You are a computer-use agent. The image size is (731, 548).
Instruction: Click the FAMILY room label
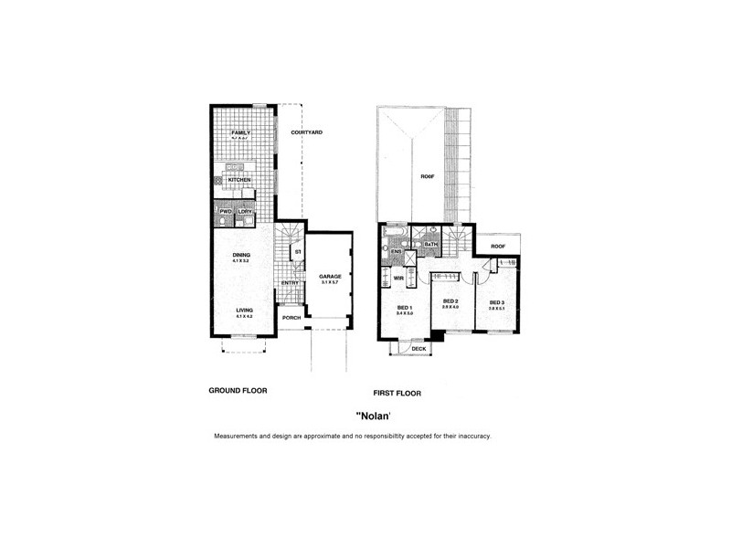click(240, 132)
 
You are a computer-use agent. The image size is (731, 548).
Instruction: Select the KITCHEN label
click(239, 180)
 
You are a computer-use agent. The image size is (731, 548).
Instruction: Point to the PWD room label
click(226, 212)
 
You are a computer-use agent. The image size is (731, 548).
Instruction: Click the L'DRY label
click(245, 212)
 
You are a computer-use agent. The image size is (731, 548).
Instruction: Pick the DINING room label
click(241, 255)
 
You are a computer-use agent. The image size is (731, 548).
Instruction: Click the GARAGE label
click(329, 276)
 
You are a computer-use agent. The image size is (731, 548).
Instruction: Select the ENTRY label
click(291, 282)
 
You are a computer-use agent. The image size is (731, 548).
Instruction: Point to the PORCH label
click(291, 318)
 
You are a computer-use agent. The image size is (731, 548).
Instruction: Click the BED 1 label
click(406, 307)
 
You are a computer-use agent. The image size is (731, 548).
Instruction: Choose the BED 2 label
click(450, 301)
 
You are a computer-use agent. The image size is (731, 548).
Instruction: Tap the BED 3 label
click(496, 301)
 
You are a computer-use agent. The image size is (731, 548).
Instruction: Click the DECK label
click(418, 349)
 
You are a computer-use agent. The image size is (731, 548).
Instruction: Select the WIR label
click(398, 274)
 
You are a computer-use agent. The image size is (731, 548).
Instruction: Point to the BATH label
click(431, 245)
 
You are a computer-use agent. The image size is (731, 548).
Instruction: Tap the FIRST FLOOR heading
click(403, 394)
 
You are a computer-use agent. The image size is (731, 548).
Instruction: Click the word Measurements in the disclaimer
click(239, 437)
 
